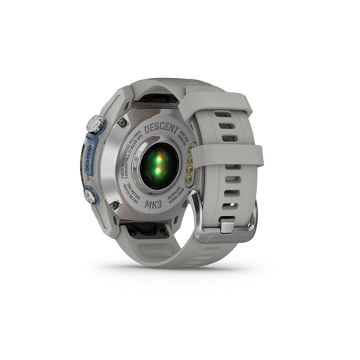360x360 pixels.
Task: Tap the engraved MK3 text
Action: coord(146,209)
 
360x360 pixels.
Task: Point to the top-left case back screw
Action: coord(121,122)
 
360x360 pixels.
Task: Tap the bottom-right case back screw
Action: coord(182,202)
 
